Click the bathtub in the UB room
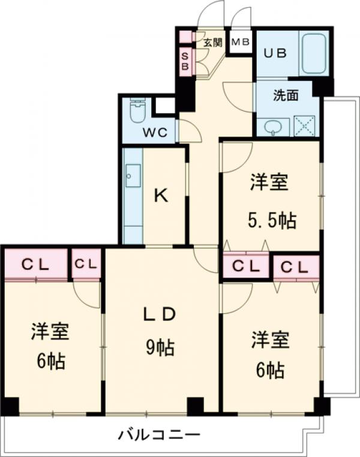(313, 54)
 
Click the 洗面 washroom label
(285, 95)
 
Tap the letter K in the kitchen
(160, 196)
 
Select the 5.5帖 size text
(273, 220)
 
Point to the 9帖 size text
(159, 347)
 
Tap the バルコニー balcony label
(158, 434)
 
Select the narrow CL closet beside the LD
(86, 264)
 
